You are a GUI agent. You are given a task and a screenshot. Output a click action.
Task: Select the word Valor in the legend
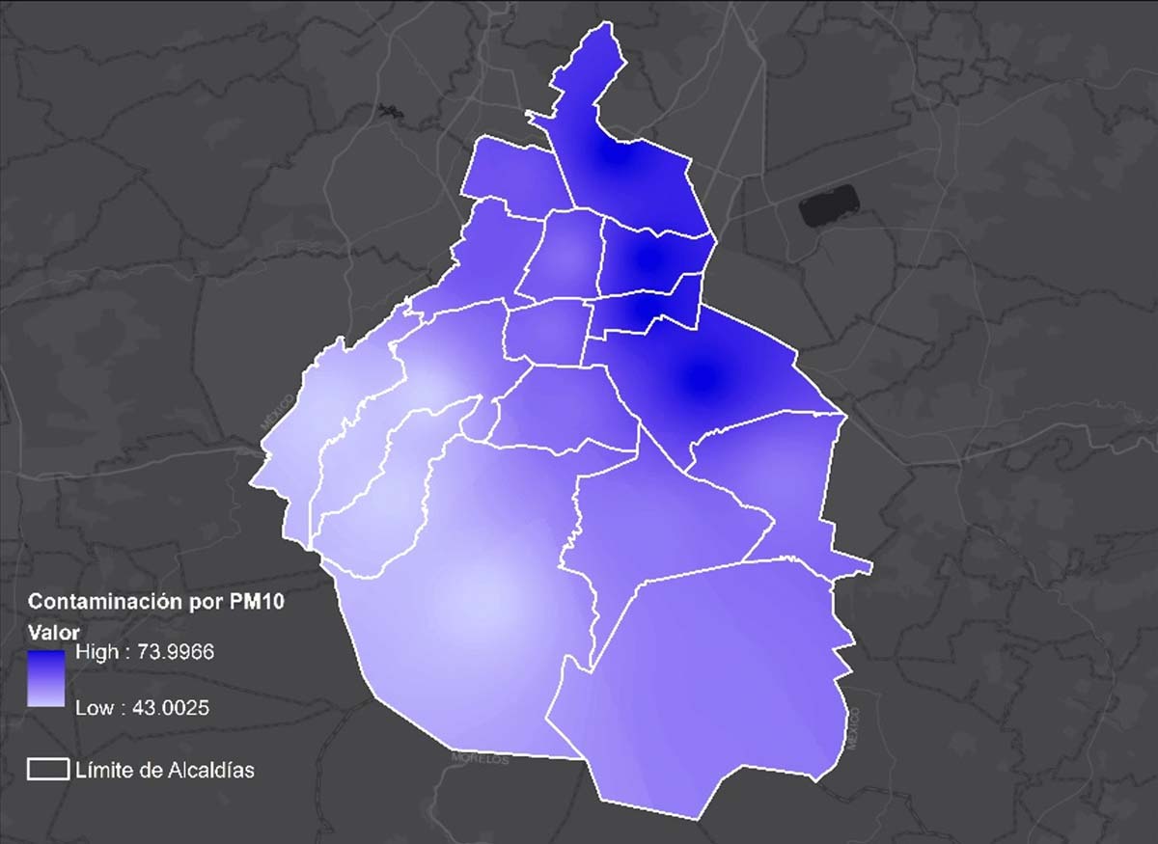point(52,631)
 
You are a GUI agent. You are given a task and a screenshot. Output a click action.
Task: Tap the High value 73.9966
point(144,652)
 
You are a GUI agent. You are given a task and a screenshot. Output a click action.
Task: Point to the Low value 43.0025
point(142,708)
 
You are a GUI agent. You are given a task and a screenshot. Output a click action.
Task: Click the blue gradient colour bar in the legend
point(46,679)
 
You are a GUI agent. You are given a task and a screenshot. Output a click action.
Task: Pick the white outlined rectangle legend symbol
point(47,769)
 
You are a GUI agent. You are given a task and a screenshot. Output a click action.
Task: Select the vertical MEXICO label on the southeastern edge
point(853,728)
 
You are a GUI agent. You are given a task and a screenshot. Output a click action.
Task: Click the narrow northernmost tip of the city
point(605,34)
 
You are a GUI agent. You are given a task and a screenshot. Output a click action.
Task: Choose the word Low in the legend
point(93,708)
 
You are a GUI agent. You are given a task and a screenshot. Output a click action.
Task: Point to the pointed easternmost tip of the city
point(870,567)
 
